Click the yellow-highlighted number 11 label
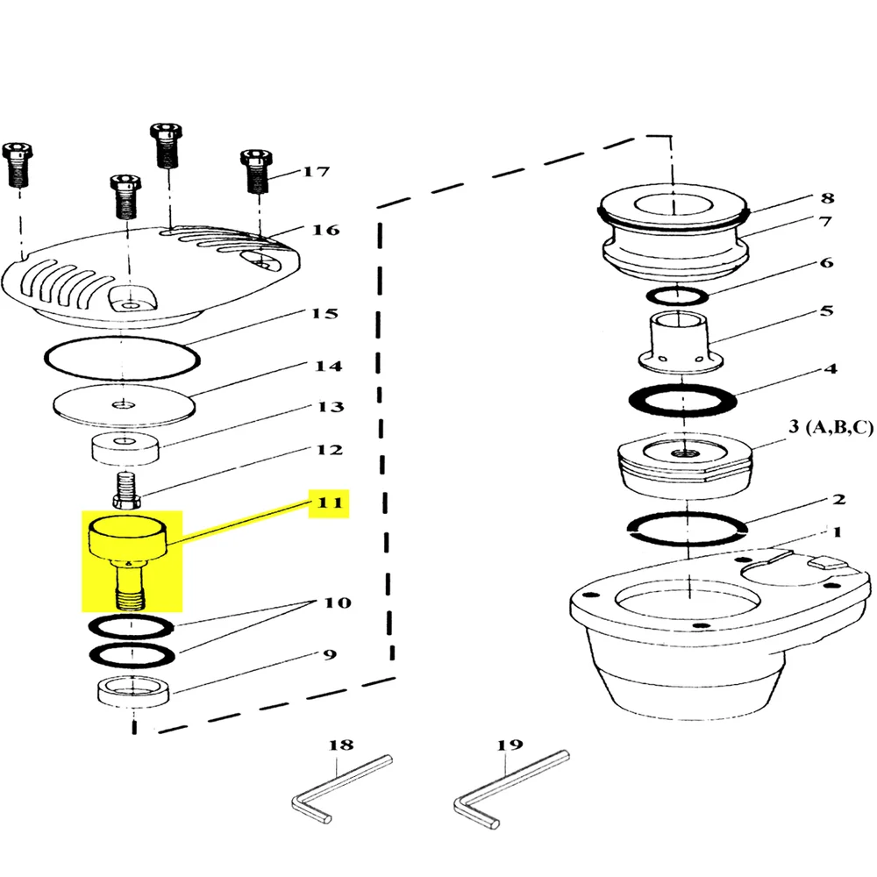[330, 503]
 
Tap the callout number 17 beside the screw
[316, 171]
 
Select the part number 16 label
[325, 230]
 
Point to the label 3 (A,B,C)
[831, 427]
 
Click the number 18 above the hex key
[341, 745]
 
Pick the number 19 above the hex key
[510, 745]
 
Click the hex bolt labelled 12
[128, 491]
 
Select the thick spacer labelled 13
[125, 448]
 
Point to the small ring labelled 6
[677, 296]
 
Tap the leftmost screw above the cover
[18, 165]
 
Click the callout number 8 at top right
[827, 198]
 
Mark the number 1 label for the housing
[837, 531]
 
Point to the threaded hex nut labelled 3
[685, 464]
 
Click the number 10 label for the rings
[338, 602]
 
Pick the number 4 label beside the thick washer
[831, 368]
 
